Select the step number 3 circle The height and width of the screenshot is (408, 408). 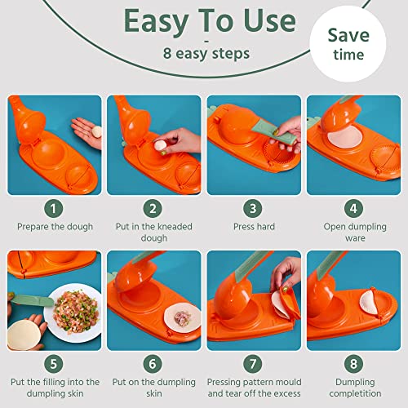click(254, 207)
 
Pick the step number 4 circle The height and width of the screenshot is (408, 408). click(353, 207)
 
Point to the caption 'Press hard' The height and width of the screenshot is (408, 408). click(254, 226)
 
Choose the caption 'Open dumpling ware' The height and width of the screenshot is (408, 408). click(353, 232)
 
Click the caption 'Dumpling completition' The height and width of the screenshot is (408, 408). click(353, 387)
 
